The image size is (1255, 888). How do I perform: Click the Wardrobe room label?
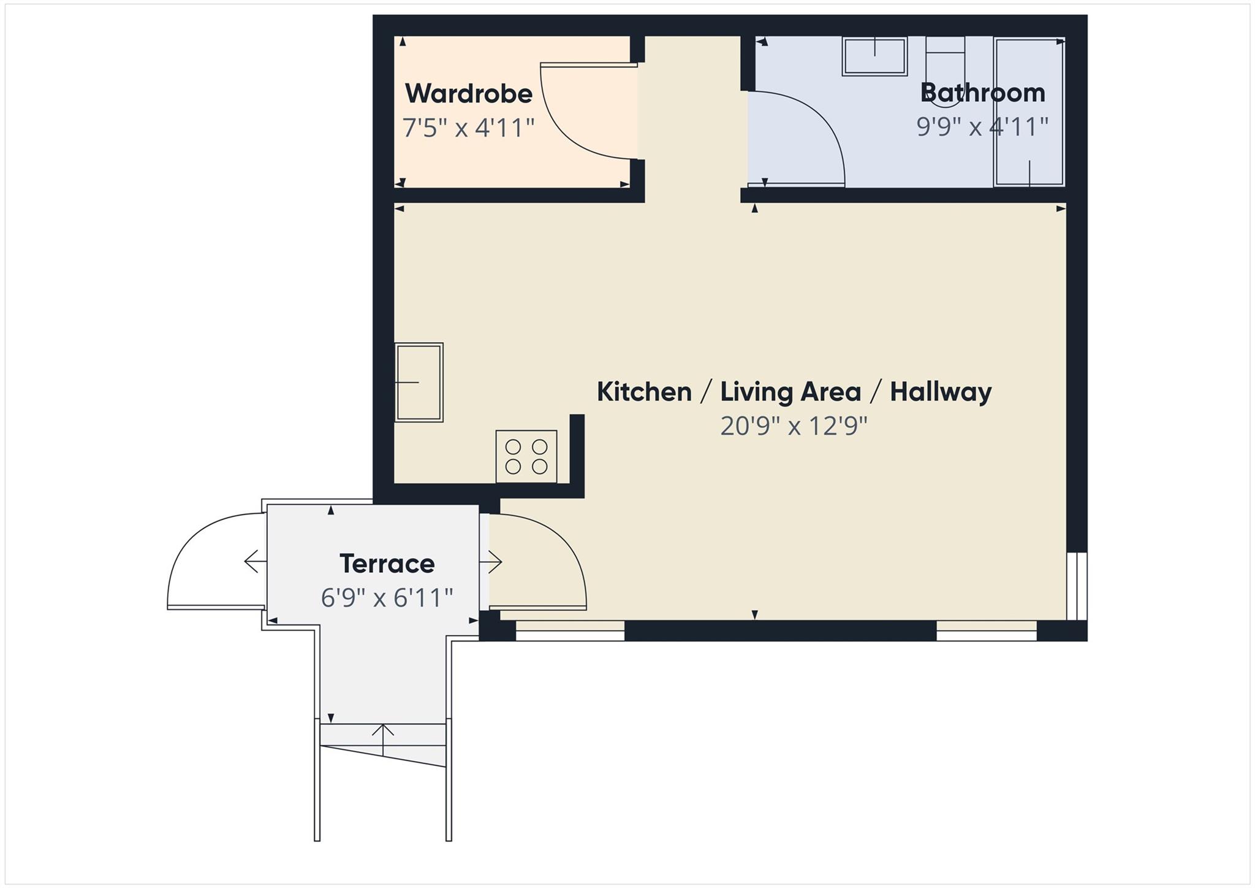(x=468, y=94)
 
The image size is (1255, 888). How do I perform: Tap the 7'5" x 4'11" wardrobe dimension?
(x=468, y=128)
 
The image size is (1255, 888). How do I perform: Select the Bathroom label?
(x=982, y=93)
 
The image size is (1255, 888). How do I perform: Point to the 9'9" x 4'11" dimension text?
(x=982, y=127)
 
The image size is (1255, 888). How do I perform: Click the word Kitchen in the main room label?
(x=644, y=392)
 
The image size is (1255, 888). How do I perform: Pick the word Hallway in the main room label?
(x=940, y=392)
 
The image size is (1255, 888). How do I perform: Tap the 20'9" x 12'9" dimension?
(x=794, y=426)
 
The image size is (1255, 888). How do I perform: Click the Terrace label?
(x=387, y=564)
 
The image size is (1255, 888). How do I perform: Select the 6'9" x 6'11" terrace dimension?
(x=387, y=597)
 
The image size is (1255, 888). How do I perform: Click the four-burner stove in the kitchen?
(x=526, y=456)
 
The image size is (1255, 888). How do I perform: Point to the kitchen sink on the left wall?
(x=419, y=382)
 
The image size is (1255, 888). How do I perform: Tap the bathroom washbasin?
(x=874, y=56)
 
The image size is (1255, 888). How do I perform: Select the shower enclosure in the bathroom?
(x=1029, y=112)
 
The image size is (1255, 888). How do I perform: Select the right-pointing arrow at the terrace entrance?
(x=492, y=561)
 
